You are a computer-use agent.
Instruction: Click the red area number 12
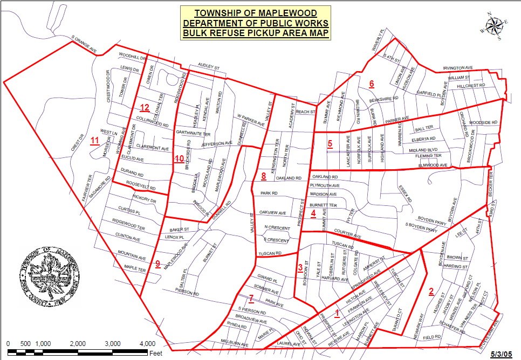click(143, 107)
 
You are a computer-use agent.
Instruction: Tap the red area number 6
click(371, 84)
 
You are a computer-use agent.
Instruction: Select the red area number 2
click(431, 292)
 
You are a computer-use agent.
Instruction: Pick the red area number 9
click(157, 264)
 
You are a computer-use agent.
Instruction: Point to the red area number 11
click(95, 141)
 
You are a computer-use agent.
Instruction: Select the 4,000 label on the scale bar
click(147, 343)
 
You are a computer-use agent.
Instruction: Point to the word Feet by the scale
click(156, 354)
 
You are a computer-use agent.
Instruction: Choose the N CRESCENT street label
click(277, 229)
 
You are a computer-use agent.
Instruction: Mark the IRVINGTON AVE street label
click(457, 68)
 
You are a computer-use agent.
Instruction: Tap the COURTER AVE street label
click(347, 234)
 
